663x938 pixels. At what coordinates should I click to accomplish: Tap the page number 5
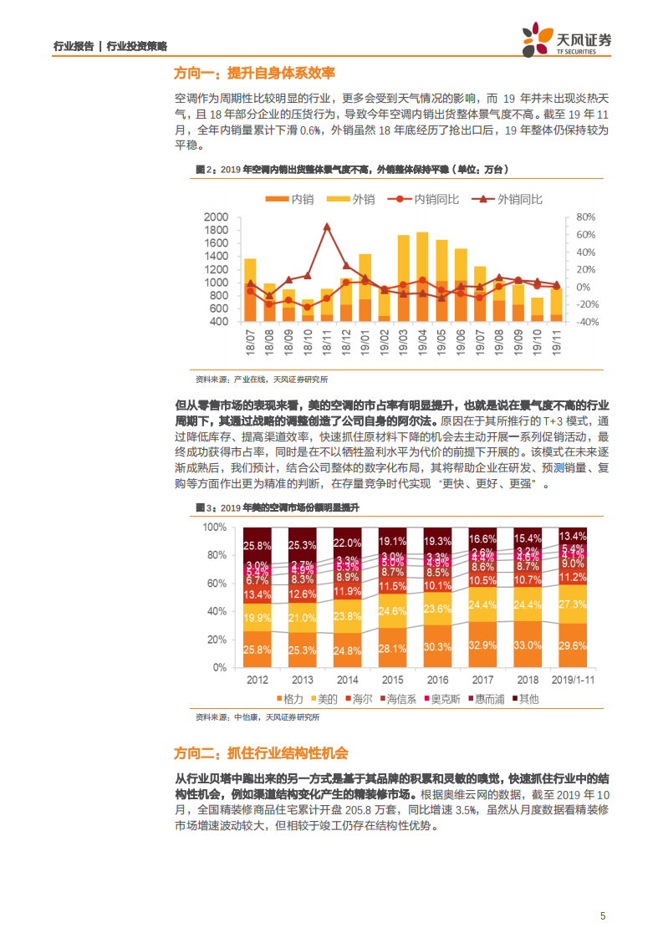(x=602, y=916)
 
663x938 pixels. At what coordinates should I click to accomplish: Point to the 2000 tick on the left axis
(x=216, y=217)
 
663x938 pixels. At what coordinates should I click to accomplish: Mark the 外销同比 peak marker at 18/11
(x=327, y=227)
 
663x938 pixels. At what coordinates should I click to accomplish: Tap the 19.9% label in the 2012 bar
(x=257, y=619)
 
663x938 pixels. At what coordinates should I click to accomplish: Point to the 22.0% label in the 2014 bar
(x=347, y=543)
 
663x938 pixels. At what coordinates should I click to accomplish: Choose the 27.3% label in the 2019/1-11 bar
(x=573, y=604)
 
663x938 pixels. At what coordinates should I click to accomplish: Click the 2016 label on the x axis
(x=437, y=680)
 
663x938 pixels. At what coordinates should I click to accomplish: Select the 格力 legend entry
(x=288, y=698)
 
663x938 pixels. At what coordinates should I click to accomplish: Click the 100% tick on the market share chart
(x=214, y=528)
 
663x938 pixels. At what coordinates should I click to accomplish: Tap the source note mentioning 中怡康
(x=258, y=717)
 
